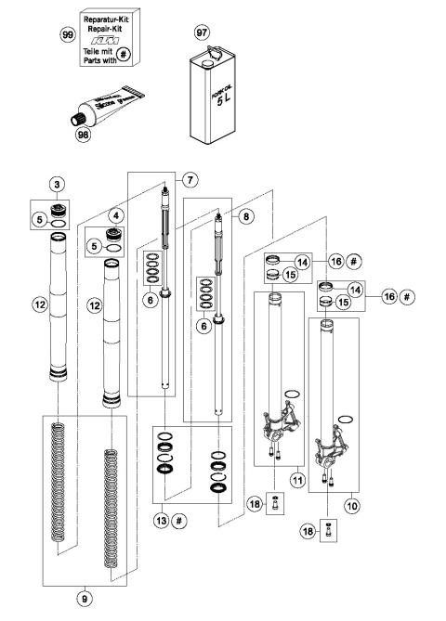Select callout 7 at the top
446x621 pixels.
[192, 178]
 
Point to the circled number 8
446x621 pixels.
[244, 213]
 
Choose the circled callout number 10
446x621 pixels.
[350, 507]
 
